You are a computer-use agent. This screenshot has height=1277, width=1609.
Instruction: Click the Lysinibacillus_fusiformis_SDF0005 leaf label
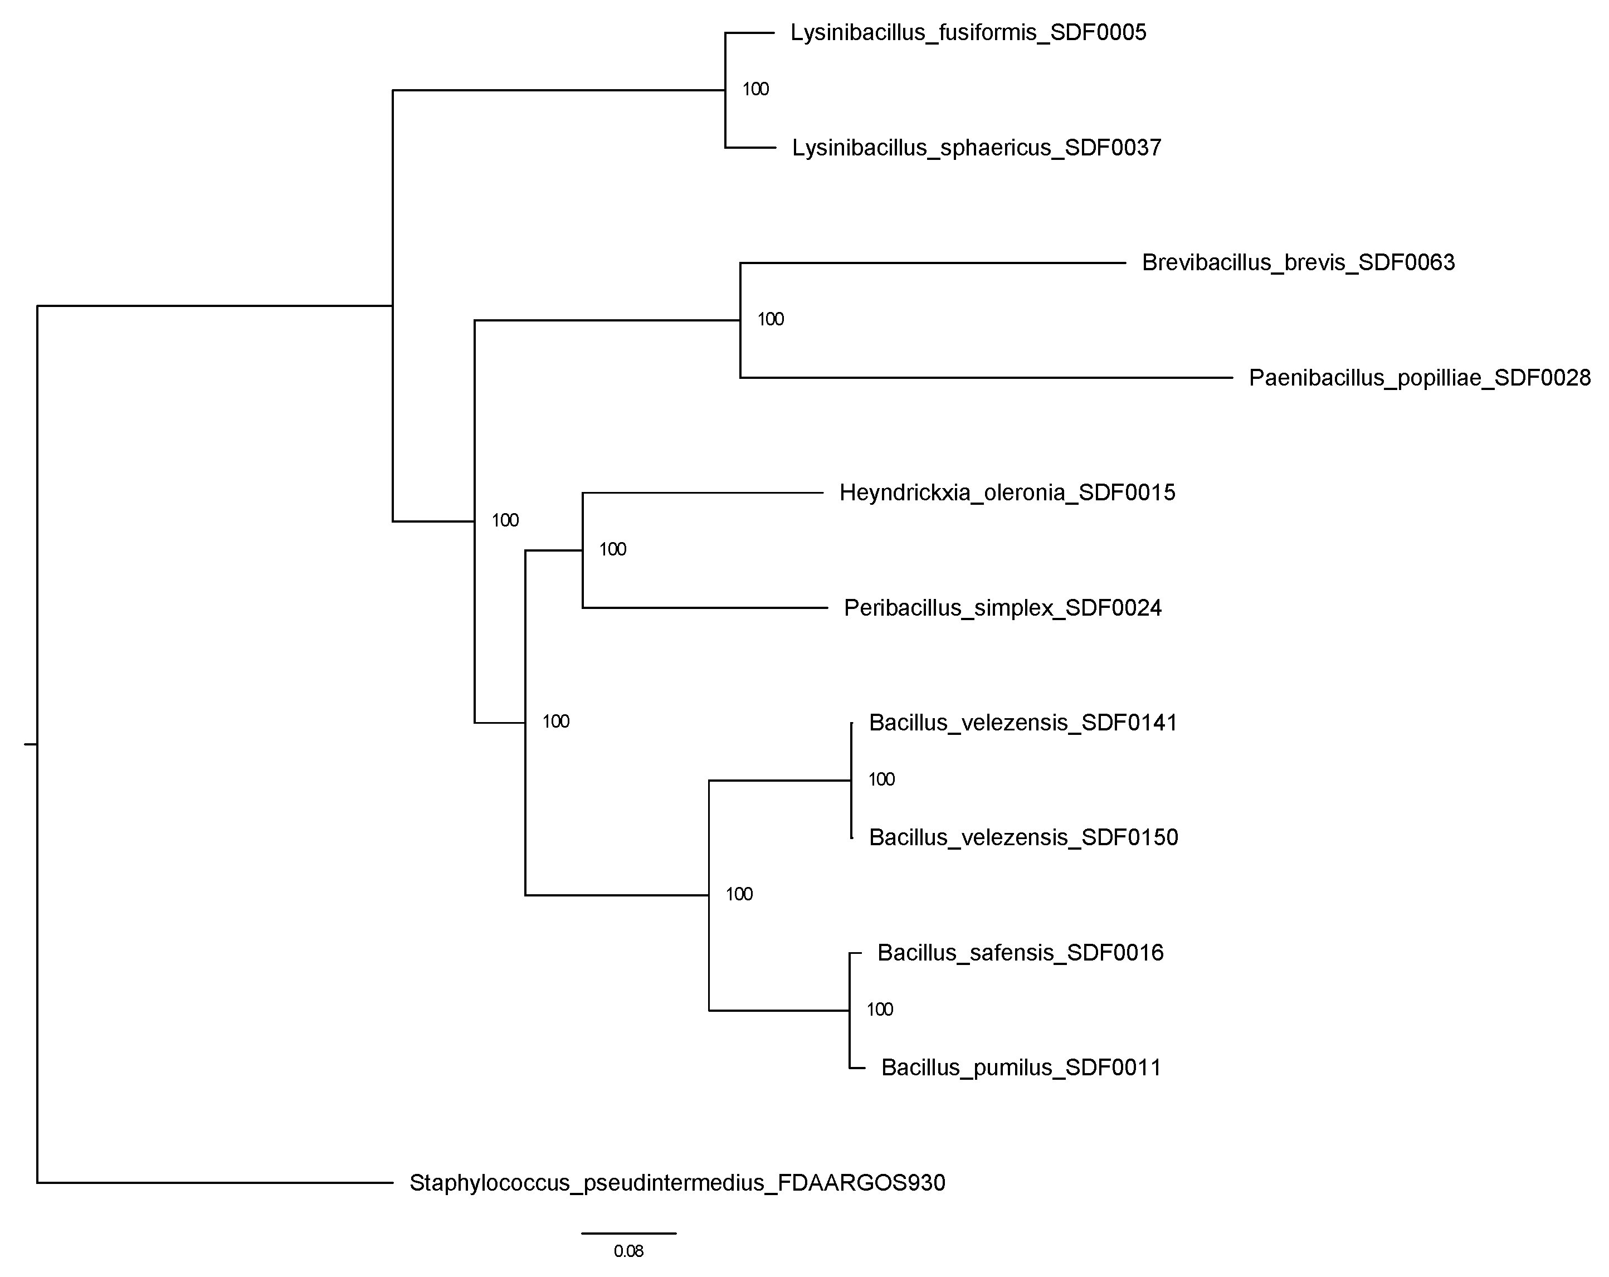point(968,33)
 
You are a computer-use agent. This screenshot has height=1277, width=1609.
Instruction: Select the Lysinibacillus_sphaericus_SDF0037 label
point(976,148)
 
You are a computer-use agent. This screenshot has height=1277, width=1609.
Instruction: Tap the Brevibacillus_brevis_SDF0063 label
point(1298,263)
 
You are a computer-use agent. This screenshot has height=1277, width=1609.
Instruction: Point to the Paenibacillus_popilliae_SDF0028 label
point(1420,378)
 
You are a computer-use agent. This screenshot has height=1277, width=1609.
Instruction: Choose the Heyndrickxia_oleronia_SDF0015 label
point(1007,493)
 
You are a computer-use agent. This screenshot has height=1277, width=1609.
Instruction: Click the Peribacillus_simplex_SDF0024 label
point(1002,608)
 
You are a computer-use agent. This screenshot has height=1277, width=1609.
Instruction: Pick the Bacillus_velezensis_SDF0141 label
point(1022,723)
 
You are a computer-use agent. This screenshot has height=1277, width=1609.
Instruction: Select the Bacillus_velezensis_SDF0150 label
point(1023,837)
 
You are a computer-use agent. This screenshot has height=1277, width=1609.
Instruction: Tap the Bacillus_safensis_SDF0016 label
point(1020,953)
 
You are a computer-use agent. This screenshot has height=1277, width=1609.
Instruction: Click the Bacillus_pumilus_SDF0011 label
point(1021,1068)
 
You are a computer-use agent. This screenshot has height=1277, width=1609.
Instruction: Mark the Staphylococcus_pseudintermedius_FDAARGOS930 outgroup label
point(677,1183)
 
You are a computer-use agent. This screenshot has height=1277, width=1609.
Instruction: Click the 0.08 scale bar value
point(628,1251)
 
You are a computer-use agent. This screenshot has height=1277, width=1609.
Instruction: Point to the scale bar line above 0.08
point(628,1233)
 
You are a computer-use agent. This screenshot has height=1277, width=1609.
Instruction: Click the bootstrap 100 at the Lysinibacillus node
point(755,90)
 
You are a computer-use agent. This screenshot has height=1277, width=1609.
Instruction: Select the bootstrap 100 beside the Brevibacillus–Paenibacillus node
point(770,319)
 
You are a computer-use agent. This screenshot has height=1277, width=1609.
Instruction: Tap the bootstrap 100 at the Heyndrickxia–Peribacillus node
point(612,549)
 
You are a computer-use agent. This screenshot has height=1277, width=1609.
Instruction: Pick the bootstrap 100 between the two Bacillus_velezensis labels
point(881,779)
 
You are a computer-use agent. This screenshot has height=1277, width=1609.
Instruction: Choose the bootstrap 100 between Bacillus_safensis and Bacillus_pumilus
point(879,1010)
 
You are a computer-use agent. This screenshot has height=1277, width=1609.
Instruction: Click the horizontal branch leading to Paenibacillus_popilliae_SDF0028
point(985,378)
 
